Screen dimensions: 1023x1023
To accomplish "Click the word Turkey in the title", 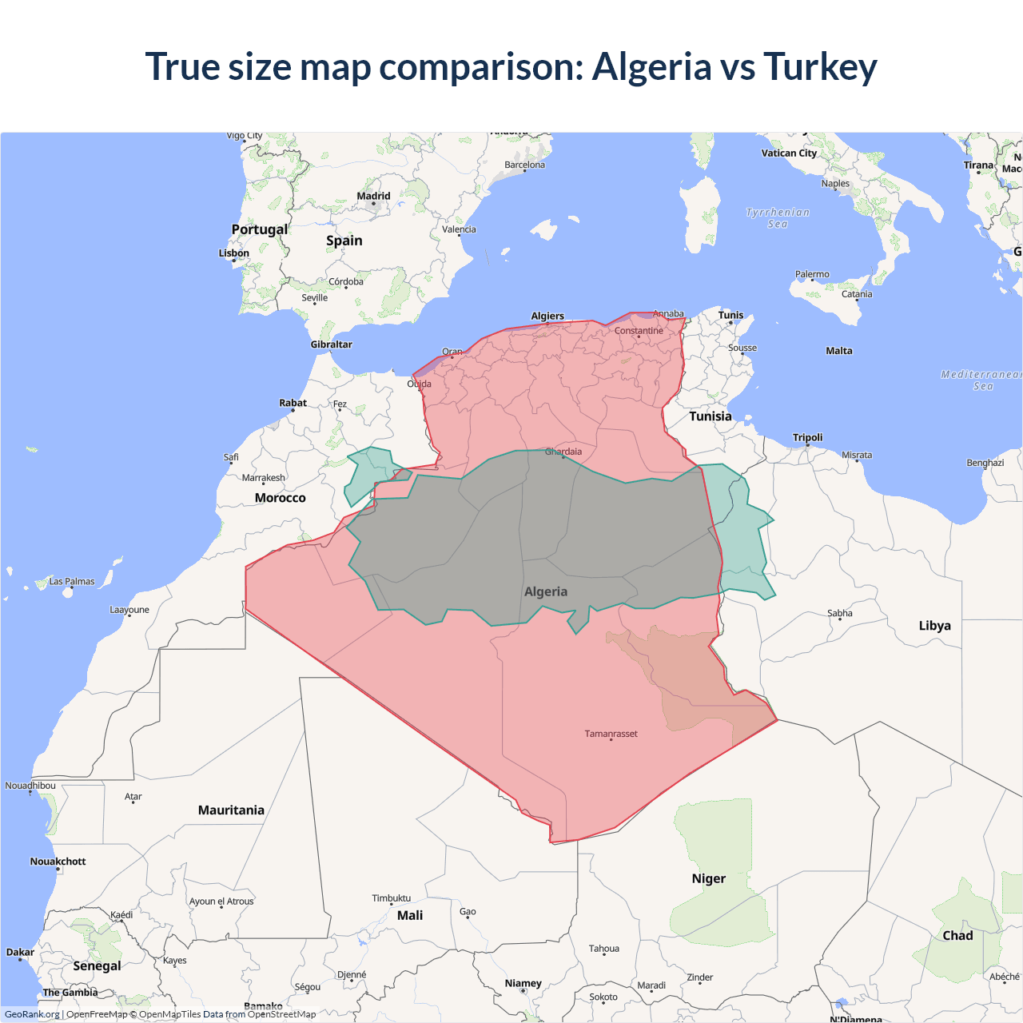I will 820,67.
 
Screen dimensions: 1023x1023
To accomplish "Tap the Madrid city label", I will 373,196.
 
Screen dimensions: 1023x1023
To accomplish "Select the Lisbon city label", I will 234,253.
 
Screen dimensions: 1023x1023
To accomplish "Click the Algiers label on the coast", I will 547,316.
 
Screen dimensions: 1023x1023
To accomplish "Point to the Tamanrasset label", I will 611,734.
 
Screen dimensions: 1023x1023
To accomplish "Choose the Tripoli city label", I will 807,437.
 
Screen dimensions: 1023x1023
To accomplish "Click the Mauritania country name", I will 231,810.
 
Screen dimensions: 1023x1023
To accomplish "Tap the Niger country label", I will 708,878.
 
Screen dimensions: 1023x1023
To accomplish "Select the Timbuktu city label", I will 391,898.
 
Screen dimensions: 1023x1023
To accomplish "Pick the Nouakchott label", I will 58,862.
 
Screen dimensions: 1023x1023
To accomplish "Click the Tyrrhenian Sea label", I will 778,218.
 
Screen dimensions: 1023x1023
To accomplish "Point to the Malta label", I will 839,351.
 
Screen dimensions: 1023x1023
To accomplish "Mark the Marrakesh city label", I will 263,478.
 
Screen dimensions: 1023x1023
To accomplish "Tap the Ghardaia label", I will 563,452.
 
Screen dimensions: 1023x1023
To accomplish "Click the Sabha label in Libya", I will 839,614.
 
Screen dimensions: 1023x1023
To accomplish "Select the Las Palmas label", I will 72,582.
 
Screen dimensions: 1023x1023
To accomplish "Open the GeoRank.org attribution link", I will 32,1014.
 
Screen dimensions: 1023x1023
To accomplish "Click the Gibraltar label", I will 331,344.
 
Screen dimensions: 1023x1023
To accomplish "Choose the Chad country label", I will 957,936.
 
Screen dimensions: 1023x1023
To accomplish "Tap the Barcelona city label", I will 524,165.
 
